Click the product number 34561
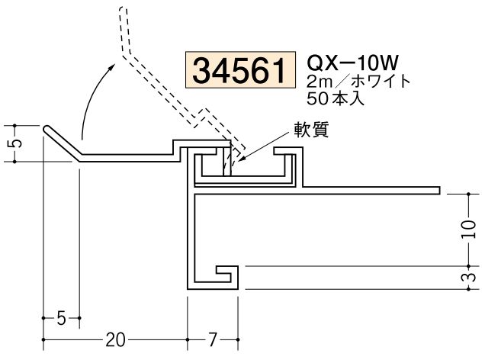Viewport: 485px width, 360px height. pyautogui.click(x=239, y=71)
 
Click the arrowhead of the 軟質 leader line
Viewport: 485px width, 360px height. pyautogui.click(x=237, y=159)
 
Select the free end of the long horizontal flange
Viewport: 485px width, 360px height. pyautogui.click(x=441, y=188)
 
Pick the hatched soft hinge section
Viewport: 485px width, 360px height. pyautogui.click(x=226, y=160)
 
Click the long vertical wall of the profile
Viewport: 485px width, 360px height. pyautogui.click(x=188, y=236)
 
